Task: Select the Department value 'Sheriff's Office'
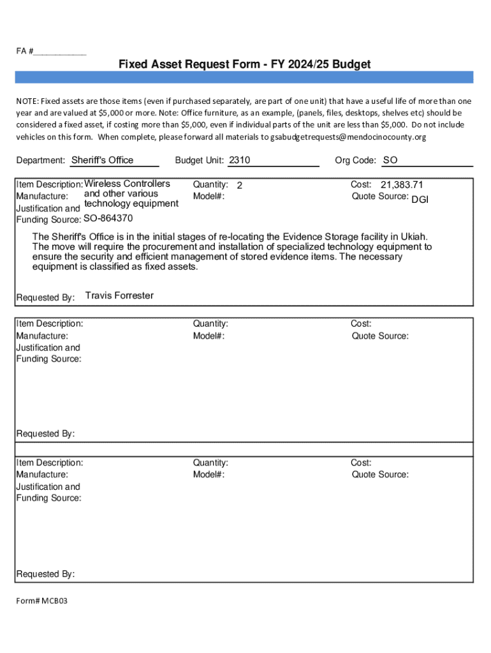(102, 160)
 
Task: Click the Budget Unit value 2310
(240, 160)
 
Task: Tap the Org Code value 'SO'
(390, 160)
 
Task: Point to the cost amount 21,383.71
(402, 185)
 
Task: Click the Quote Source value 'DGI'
(420, 200)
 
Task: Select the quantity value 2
(240, 186)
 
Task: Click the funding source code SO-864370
(108, 219)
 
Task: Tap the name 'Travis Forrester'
(119, 295)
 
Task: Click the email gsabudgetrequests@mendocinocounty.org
(348, 136)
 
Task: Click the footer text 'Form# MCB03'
(41, 601)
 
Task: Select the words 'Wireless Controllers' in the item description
(128, 184)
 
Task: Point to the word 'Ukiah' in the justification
(413, 237)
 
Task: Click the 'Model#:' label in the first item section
(209, 196)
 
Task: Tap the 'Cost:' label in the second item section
(361, 324)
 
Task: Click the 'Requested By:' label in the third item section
(45, 574)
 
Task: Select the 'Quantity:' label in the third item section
(210, 463)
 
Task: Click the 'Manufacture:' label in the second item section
(42, 336)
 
